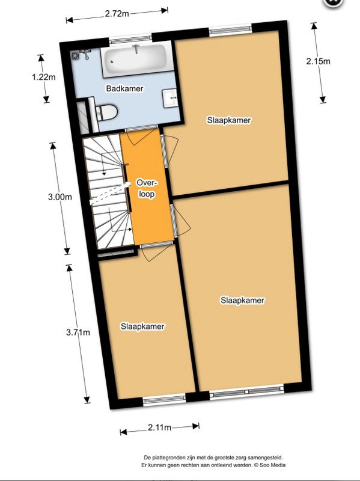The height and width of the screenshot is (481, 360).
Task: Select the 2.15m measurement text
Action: point(319,61)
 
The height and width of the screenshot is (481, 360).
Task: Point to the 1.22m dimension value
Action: point(43,78)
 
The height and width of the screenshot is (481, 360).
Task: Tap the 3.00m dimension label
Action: point(60,197)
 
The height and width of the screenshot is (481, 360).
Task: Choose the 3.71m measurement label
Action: point(78,332)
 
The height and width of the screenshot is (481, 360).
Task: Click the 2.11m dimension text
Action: point(159,427)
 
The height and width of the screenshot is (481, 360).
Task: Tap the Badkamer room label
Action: point(124,89)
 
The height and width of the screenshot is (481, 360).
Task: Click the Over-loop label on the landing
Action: point(146,188)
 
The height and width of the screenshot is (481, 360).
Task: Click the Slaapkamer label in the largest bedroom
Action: point(242,300)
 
